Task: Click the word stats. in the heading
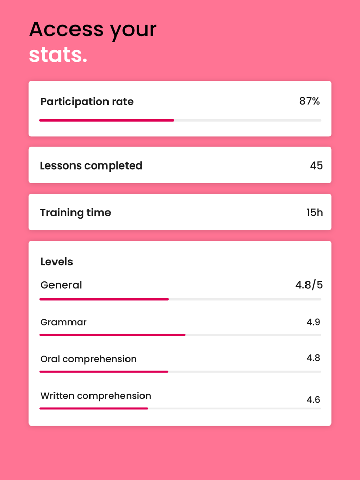point(58,55)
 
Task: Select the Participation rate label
point(87,102)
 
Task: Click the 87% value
point(310,101)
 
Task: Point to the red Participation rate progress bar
point(106,120)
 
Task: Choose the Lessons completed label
point(91,165)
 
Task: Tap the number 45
point(316,165)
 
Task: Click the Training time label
point(75,212)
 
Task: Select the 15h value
point(314,212)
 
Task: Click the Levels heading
point(57,262)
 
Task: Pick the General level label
point(61,285)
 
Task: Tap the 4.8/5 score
point(309,285)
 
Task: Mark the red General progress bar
point(104,299)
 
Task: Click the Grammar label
point(63,322)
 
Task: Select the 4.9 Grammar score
point(313,322)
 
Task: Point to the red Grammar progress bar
point(112,335)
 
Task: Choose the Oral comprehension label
point(88,359)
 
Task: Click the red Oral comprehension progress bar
point(104,371)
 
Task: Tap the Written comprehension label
point(96,396)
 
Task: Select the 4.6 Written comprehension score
point(313,399)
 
